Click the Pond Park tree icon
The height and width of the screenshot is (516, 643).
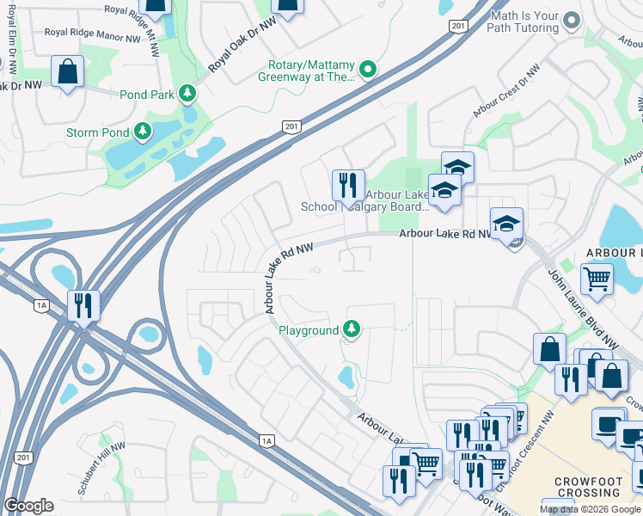(187, 93)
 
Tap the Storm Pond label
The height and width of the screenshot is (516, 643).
(96, 132)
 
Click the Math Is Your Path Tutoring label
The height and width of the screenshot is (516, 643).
(524, 21)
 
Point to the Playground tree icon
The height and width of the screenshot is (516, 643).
(351, 329)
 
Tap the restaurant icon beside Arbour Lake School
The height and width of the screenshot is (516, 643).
(348, 185)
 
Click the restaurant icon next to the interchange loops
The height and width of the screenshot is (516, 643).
(84, 305)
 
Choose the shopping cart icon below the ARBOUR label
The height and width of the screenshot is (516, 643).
(597, 278)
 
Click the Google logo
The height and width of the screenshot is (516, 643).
(28, 506)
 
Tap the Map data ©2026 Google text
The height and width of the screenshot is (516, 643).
(590, 509)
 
